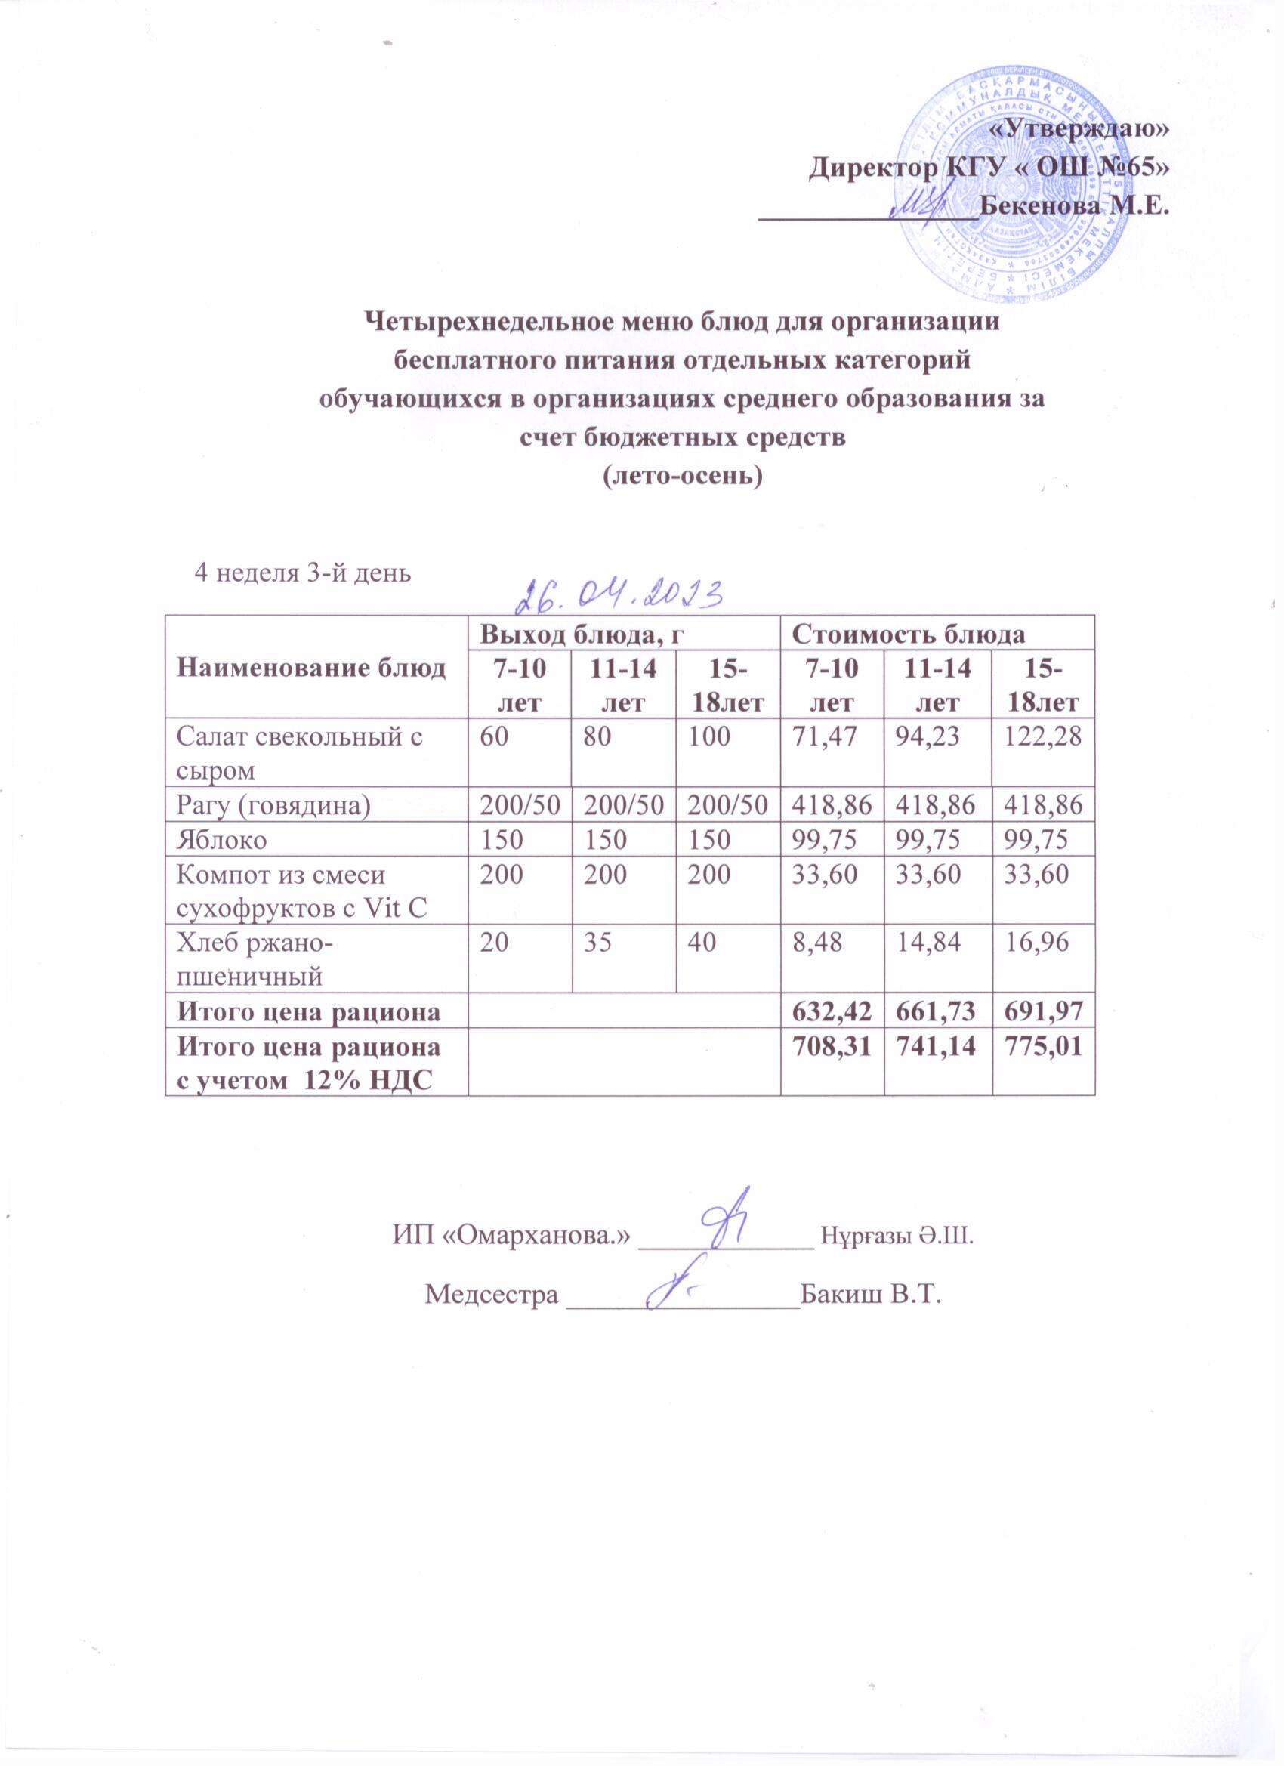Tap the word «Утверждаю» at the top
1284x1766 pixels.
tap(1078, 129)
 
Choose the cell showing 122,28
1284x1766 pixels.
tap(1043, 736)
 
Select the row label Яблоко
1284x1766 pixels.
tap(222, 839)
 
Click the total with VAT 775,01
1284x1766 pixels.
tap(1043, 1048)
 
